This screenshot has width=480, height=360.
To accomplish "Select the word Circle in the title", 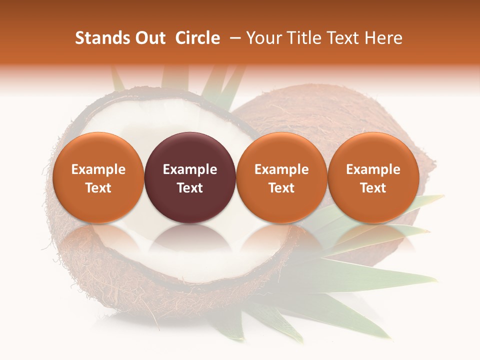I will click(x=197, y=38).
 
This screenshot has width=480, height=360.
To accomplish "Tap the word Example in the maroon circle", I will click(x=190, y=169).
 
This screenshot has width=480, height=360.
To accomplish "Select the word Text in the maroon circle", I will click(x=190, y=188).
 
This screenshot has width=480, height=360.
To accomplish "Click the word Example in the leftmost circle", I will click(x=98, y=169).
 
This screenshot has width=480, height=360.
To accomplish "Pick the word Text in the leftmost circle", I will click(x=98, y=188).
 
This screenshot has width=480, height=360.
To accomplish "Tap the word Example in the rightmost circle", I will click(x=373, y=169).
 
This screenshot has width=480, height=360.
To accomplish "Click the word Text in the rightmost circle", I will click(x=373, y=188).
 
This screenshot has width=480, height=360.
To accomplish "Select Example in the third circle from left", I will click(x=281, y=169).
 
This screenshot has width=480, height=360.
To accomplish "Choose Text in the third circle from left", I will click(x=281, y=188).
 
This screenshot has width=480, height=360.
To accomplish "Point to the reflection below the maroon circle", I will click(x=190, y=237).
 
